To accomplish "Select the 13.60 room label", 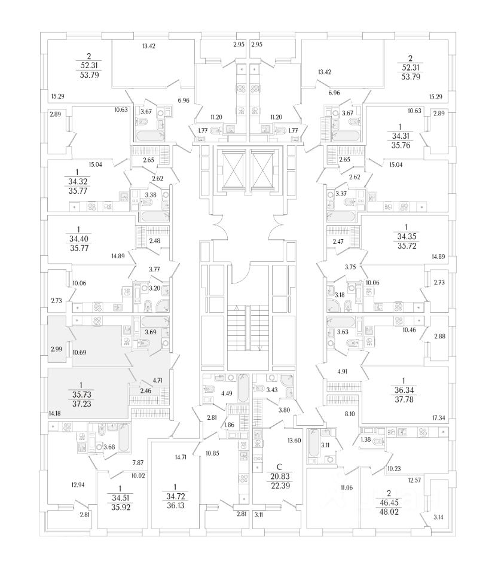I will [x=294, y=441].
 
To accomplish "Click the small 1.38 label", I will [x=365, y=439].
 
